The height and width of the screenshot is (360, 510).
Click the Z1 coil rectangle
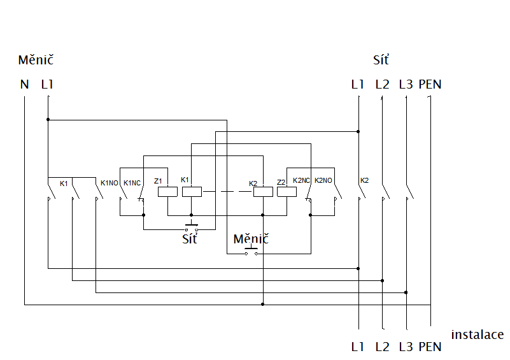pos(167,192)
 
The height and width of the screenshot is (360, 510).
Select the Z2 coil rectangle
pos(287,192)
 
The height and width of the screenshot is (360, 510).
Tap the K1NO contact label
pos(110,183)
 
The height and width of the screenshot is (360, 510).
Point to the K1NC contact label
pos(132,183)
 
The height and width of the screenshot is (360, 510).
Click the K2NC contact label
pos(301,180)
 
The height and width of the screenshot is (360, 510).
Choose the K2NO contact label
pos(323,180)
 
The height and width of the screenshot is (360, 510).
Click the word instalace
pos(477,335)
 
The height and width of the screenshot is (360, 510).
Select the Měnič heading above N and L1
pos(36,60)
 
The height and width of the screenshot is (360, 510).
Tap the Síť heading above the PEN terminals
pos(381,60)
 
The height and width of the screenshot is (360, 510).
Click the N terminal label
pos(24,85)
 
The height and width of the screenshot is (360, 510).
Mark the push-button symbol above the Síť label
pos(191,227)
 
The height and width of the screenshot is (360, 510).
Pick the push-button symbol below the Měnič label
pos(251,251)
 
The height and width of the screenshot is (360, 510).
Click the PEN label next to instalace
pos(430,347)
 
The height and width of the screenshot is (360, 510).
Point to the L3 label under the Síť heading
pos(406,85)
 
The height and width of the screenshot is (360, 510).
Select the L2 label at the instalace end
pos(382,347)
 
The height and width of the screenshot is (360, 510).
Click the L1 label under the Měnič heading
pos(47,85)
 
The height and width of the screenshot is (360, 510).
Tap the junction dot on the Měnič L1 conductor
pos(48,119)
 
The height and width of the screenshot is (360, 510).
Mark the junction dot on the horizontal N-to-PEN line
pos(263,305)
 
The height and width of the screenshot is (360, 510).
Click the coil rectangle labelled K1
pos(192,192)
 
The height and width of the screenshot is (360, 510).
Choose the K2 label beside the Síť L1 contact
pos(365,180)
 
